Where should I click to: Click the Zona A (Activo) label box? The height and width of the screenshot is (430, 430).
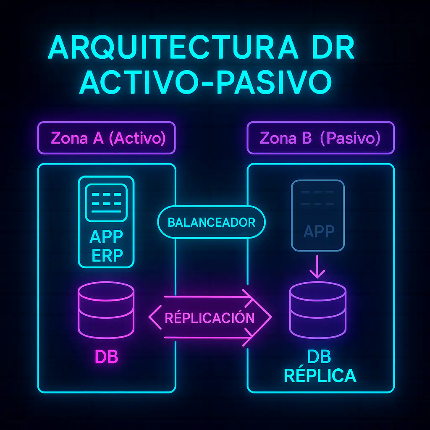tap(106, 138)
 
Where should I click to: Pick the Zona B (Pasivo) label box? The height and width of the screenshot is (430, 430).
tap(320, 138)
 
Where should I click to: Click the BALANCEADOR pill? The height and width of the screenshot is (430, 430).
tap(211, 222)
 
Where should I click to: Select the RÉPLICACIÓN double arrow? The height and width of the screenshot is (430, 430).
tap(210, 318)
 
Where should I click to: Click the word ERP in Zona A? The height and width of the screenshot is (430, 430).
tap(106, 256)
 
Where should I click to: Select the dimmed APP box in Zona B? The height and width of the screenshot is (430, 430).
tap(318, 215)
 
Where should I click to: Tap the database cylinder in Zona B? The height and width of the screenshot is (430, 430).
tap(318, 310)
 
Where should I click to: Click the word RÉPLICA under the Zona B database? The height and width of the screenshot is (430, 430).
tap(320, 375)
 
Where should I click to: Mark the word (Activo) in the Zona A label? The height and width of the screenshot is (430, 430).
tap(137, 138)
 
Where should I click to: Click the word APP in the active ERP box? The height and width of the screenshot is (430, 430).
tap(106, 237)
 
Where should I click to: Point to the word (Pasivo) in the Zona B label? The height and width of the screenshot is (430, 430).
tap(350, 138)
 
